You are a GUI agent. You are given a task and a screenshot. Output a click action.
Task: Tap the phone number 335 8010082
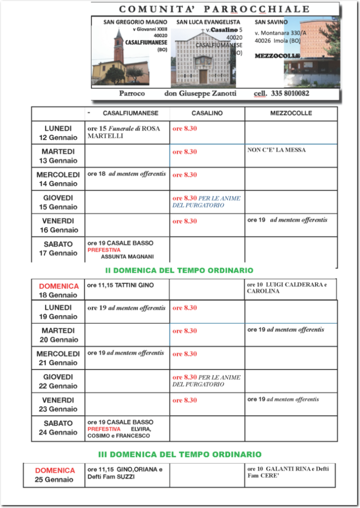coord(289,93)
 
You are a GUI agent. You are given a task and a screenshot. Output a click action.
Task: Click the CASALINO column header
coord(207,113)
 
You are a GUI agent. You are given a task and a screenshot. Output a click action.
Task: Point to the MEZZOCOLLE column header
coord(291,113)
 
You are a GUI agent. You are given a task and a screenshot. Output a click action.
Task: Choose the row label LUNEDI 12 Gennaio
coord(58,133)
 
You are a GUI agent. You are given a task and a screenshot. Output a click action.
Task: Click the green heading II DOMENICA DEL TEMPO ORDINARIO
coord(179,270)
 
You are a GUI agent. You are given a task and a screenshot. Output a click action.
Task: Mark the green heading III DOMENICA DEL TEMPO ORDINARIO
coord(179,454)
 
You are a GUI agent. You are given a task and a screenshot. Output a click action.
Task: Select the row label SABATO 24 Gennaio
coord(58,428)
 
